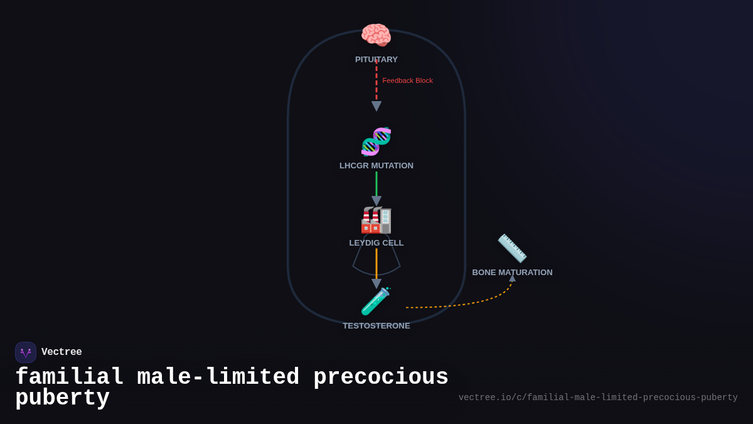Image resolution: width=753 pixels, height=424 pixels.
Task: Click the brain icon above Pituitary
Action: tap(376, 35)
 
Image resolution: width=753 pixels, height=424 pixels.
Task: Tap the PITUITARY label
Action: tap(376, 60)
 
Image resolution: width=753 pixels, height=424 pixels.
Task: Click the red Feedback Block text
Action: tap(407, 80)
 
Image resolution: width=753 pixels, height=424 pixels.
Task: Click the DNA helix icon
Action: tap(376, 141)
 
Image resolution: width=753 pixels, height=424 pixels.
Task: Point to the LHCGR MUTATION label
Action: tap(376, 166)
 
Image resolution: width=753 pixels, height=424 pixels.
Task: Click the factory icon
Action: tap(376, 220)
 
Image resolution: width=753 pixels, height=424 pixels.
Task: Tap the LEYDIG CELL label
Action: tap(376, 243)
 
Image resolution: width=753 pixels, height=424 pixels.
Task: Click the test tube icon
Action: tap(376, 302)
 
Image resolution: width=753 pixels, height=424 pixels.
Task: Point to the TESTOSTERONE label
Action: tap(376, 326)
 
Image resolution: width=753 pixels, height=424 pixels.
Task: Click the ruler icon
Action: tap(512, 248)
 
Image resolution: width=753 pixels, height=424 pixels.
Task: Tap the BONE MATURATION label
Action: tap(512, 273)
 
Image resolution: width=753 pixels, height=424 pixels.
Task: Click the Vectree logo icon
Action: tap(26, 352)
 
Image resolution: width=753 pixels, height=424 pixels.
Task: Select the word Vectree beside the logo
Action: tap(61, 352)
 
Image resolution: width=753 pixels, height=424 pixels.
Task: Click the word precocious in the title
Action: tap(381, 378)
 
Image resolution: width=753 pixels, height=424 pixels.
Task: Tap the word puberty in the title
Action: tap(62, 398)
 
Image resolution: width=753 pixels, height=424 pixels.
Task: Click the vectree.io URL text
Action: tap(597, 398)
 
